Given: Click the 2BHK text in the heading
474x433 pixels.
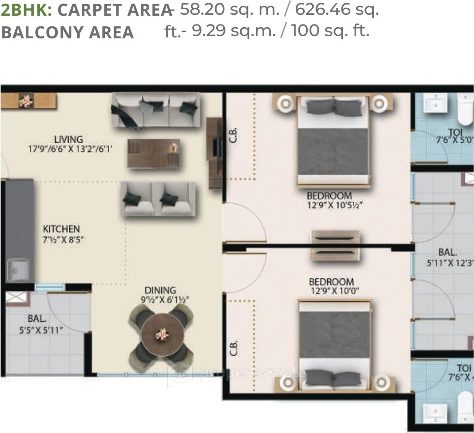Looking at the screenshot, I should tap(26, 9).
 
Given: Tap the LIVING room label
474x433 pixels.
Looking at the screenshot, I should tap(68, 139).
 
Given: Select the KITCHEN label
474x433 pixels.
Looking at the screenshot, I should tap(61, 229).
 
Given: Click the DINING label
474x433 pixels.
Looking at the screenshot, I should tap(160, 290).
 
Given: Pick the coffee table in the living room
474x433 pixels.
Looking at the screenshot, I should tap(153, 153).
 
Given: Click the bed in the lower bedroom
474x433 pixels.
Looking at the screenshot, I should tap(334, 344).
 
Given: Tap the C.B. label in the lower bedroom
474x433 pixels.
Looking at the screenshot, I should tap(234, 348).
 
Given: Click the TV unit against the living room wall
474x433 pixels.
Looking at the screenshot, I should tap(214, 153).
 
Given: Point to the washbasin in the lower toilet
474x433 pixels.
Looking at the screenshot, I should tap(435, 411).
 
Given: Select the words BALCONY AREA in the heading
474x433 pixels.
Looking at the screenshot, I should tap(67, 32).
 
